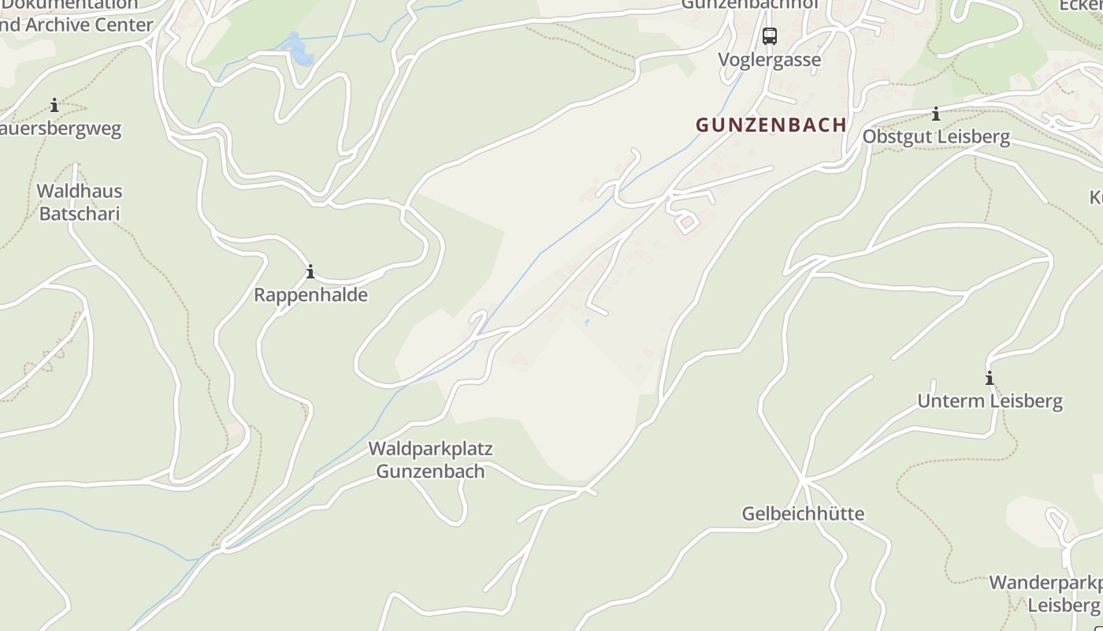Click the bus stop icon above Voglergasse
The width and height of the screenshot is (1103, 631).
770,36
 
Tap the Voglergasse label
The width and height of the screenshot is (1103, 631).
769,60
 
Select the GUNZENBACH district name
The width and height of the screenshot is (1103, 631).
771,125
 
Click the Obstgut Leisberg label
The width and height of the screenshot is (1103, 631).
936,136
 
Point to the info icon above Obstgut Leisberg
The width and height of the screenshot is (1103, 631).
936,114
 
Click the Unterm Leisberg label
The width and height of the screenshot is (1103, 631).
990,401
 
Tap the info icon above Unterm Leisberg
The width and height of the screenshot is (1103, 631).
990,378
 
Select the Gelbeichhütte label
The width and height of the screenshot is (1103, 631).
803,513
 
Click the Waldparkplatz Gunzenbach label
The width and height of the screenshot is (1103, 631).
430,460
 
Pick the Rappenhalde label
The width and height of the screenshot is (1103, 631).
310,295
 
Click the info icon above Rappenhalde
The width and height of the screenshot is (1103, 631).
310,272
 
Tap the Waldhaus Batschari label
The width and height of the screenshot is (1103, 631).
79,202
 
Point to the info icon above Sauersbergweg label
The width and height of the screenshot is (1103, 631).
54,105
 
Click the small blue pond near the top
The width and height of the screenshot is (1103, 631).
298,49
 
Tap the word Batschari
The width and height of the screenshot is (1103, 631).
79,214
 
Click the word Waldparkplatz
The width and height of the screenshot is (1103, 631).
430,449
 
